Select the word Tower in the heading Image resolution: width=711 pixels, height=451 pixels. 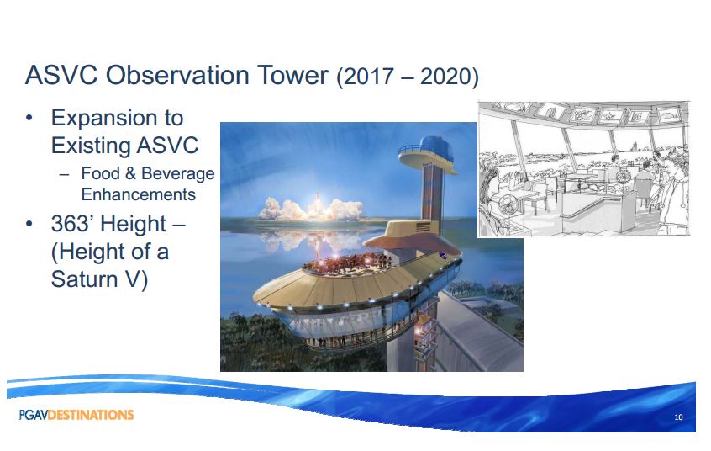(x=293, y=75)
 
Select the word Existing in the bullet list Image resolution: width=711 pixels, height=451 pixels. (x=90, y=146)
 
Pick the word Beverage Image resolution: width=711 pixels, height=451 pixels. (x=178, y=174)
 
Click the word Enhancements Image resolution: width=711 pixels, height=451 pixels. (x=139, y=194)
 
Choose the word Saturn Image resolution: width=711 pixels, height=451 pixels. (x=83, y=279)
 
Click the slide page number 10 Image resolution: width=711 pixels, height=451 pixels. (x=678, y=417)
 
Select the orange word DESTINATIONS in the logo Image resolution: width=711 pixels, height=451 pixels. (x=91, y=415)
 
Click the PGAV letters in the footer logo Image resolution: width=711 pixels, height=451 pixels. (x=33, y=415)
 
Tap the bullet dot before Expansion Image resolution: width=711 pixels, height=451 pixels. (x=29, y=119)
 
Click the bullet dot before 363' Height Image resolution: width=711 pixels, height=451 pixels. (x=29, y=224)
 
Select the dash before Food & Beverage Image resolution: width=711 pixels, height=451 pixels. (x=65, y=174)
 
